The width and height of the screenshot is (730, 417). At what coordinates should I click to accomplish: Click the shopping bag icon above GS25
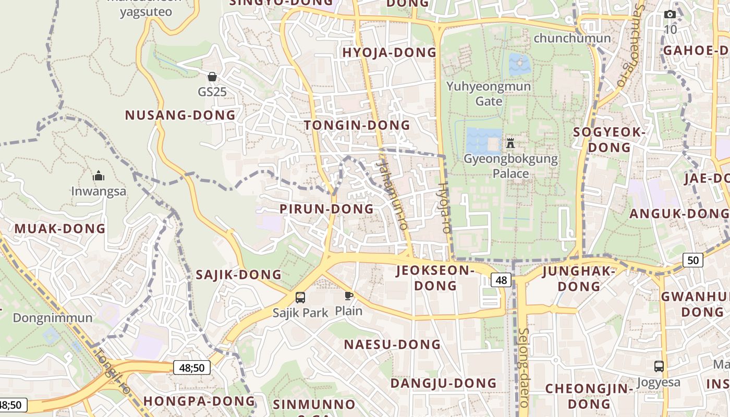(x=212, y=77)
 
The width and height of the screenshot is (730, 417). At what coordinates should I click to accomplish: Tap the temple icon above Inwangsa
(x=99, y=176)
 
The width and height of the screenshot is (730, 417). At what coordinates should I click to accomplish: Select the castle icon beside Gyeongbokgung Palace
(x=510, y=143)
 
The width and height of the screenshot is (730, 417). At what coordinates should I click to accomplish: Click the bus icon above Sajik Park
(x=300, y=298)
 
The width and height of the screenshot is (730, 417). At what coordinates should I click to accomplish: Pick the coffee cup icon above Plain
(x=348, y=296)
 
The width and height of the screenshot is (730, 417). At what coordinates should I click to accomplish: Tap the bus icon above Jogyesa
(x=659, y=366)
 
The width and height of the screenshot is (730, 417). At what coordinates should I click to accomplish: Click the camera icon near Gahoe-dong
(x=670, y=14)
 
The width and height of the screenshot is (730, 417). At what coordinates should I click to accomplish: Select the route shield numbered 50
(x=692, y=260)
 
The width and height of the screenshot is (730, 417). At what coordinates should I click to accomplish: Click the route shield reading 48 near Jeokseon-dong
(x=501, y=280)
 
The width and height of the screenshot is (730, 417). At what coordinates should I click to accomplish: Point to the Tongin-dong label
(x=357, y=125)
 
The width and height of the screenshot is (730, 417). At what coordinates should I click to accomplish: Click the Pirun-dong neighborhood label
(x=327, y=209)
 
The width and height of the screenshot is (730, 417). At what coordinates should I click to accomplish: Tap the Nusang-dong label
(x=180, y=115)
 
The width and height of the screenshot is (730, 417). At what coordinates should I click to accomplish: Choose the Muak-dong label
(x=60, y=228)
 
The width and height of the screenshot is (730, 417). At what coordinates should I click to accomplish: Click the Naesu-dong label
(x=392, y=345)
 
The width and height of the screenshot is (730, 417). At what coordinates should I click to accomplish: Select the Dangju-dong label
(x=444, y=383)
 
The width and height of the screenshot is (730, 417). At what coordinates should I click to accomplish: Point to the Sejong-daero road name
(x=524, y=367)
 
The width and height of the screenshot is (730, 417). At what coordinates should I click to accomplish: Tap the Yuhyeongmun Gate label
(x=489, y=93)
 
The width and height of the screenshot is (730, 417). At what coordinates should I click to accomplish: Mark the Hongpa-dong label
(x=199, y=401)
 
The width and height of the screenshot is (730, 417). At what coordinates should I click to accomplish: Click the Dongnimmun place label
(x=53, y=318)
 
